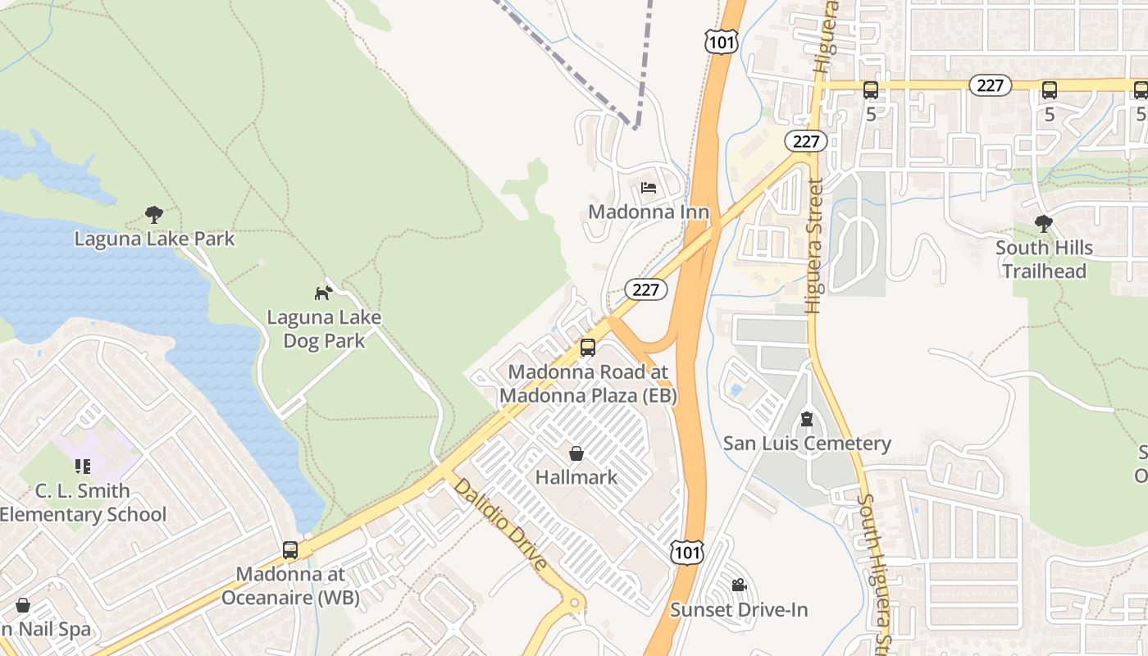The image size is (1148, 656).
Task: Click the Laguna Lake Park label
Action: (x=154, y=239)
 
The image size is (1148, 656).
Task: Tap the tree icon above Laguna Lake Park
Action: (x=153, y=215)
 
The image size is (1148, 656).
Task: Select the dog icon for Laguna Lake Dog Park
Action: (x=324, y=292)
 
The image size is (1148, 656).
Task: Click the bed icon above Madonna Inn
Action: (x=649, y=187)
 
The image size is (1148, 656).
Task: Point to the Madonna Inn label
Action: (x=649, y=212)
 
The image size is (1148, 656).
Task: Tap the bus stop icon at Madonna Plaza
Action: (x=588, y=347)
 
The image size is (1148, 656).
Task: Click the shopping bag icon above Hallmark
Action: (x=576, y=453)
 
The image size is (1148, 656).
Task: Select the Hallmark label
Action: (x=576, y=476)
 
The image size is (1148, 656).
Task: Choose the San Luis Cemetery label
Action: (x=807, y=444)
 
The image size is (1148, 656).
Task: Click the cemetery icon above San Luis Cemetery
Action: (x=807, y=419)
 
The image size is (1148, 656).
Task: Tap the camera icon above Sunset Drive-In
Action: (x=739, y=585)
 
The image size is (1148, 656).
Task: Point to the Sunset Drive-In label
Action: (x=739, y=610)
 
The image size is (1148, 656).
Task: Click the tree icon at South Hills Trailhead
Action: (x=1044, y=223)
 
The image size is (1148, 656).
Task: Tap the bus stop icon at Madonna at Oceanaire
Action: (x=290, y=549)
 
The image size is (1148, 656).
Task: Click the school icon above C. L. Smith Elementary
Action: (x=83, y=467)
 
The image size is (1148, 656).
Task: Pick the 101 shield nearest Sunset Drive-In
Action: (x=686, y=552)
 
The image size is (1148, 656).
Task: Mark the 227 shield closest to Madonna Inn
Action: (x=646, y=289)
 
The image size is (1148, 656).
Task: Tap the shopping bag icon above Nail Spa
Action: (x=23, y=606)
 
